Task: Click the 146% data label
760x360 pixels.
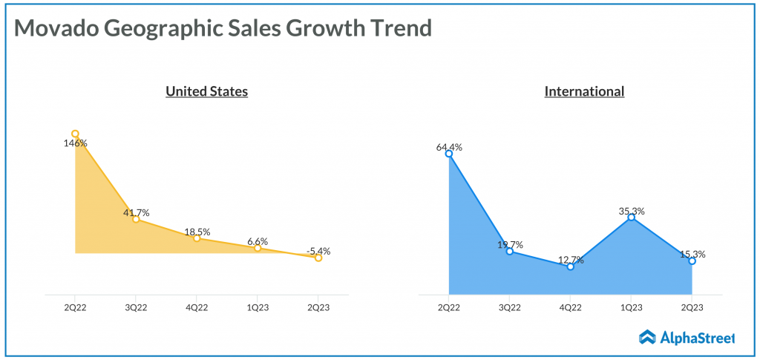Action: (x=75, y=143)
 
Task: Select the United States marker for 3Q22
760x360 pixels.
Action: (x=136, y=219)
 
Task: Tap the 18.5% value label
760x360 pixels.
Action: (x=197, y=232)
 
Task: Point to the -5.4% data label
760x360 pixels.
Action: (x=318, y=251)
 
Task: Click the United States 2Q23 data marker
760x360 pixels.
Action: (x=318, y=258)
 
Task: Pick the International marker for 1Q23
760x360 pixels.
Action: (x=631, y=217)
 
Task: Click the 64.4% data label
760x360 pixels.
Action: (x=449, y=147)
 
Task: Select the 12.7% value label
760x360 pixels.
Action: (x=570, y=260)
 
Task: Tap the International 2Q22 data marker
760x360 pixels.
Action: (x=449, y=154)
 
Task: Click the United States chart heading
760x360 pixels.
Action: (x=206, y=91)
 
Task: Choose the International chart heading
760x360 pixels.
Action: (x=584, y=91)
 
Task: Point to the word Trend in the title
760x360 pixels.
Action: (x=401, y=28)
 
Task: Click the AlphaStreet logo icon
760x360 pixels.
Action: (x=646, y=338)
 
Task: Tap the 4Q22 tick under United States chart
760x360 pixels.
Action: (x=197, y=307)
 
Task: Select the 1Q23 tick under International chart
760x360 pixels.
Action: (x=631, y=307)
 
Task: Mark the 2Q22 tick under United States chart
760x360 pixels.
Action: (x=75, y=307)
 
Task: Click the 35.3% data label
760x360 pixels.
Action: (x=631, y=211)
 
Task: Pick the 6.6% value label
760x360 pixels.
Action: (x=258, y=241)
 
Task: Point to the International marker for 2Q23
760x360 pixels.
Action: (x=692, y=261)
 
